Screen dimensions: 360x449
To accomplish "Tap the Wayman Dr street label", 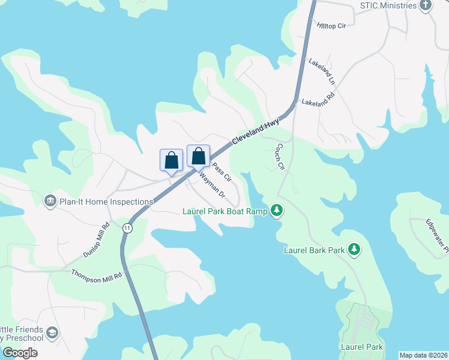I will click(211, 186).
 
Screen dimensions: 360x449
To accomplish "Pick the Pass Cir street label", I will click(221, 172).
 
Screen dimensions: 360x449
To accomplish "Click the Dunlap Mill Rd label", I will click(97, 240).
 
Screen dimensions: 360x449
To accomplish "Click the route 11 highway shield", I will click(127, 228).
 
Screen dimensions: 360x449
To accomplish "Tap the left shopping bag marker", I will click(171, 160).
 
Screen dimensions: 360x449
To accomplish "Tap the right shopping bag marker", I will click(198, 157).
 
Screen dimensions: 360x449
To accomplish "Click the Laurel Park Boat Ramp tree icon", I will click(276, 211).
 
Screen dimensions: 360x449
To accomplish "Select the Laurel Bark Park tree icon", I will click(354, 248).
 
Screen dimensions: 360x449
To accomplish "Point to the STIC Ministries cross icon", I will click(425, 6).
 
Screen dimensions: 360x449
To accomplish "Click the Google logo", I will click(20, 352).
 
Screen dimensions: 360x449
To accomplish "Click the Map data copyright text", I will click(423, 355).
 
